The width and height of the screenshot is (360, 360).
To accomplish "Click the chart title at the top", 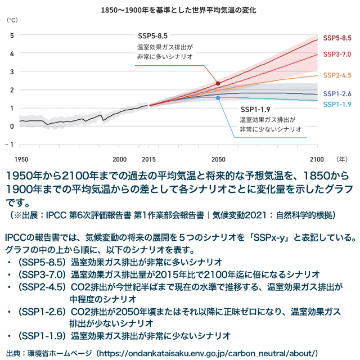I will [x=180, y=10].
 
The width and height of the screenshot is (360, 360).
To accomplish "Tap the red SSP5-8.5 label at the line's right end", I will [x=337, y=38].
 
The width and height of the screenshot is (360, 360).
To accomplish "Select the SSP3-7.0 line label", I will [x=337, y=54].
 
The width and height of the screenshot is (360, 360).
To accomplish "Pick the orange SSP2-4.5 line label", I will [x=337, y=75].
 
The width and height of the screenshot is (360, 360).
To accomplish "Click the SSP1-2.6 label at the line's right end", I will [x=337, y=94].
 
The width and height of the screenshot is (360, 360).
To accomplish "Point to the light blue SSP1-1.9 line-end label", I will [x=337, y=104].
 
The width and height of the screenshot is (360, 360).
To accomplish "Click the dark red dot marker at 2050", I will [x=218, y=83].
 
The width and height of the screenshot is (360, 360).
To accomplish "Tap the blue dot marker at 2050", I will [x=218, y=97].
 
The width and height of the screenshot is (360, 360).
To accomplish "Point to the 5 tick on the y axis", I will [x=12, y=35].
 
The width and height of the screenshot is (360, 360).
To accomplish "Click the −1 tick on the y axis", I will [x=11, y=144].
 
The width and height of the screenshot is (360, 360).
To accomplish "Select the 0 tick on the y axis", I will [x=12, y=125].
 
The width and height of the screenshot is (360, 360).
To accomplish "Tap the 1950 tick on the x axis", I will [x=21, y=159].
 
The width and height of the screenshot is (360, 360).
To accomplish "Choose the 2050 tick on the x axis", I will [x=218, y=159].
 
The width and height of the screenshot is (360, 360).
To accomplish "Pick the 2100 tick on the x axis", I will [x=317, y=159].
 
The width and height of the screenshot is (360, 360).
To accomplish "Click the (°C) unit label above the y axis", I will [x=12, y=20].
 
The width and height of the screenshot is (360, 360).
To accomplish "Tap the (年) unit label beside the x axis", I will [x=337, y=159].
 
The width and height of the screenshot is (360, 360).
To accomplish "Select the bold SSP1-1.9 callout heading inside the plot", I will [x=256, y=109].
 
